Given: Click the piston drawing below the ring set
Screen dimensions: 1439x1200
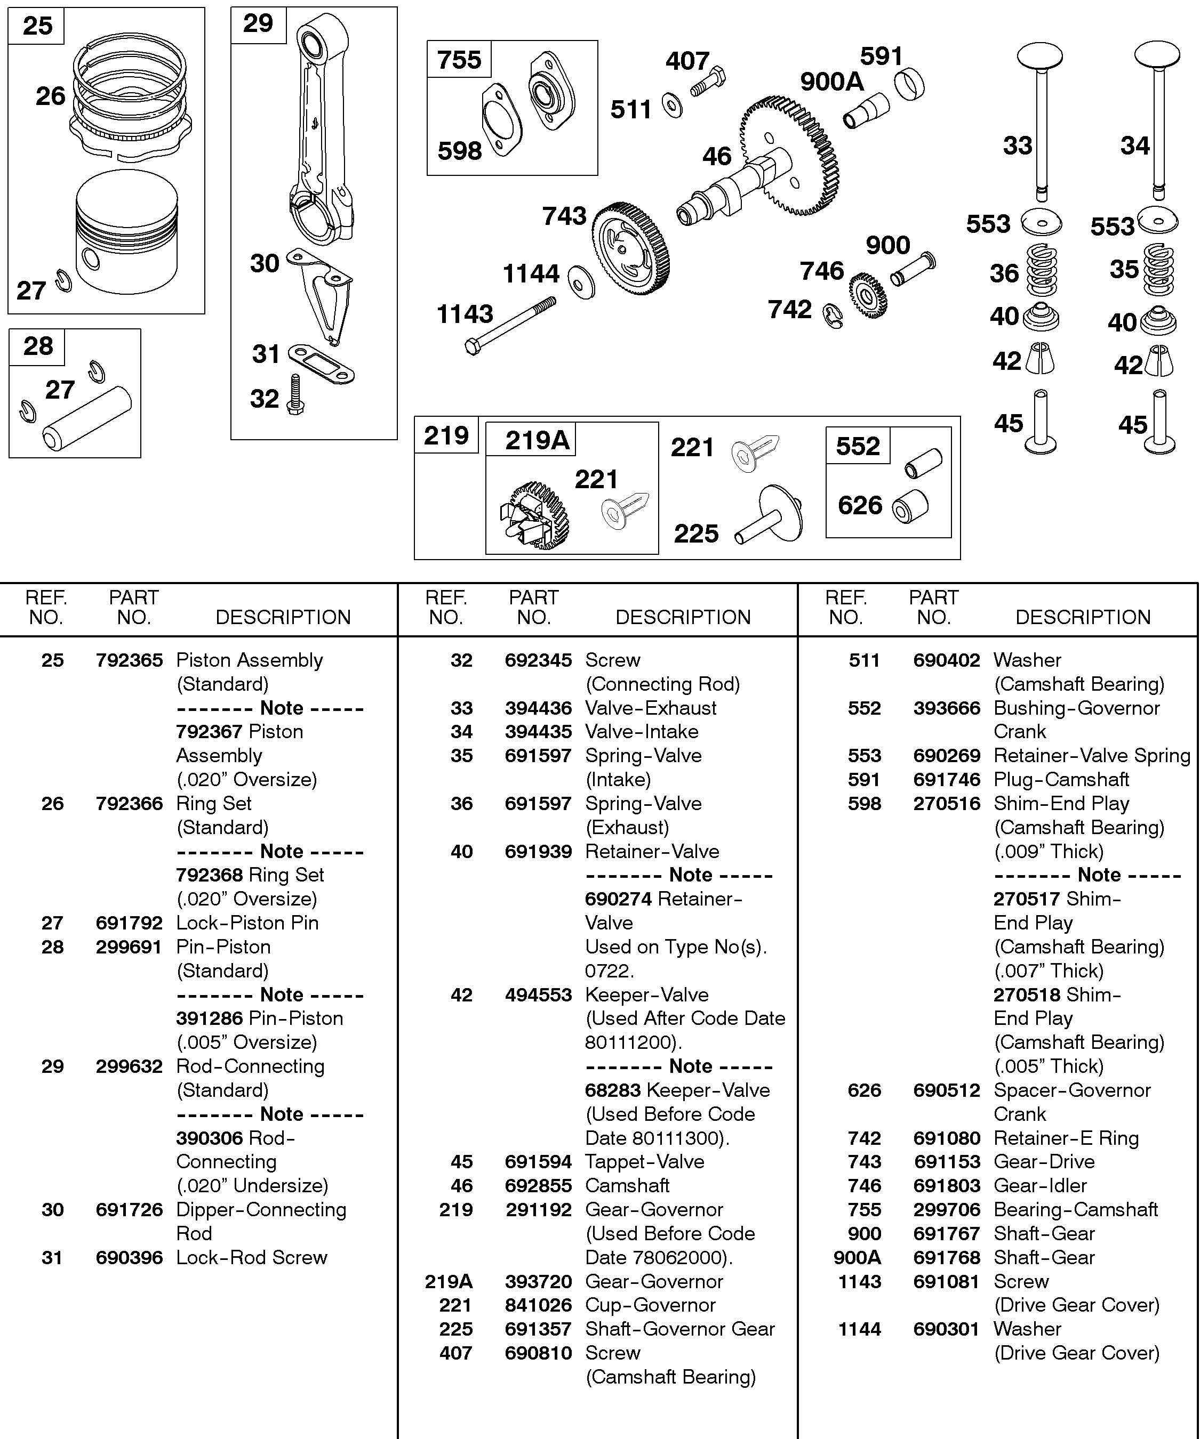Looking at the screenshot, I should [x=127, y=233].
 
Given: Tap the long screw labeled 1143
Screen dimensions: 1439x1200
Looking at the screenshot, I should [x=510, y=326].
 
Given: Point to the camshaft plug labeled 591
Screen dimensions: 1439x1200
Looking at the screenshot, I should [x=909, y=85].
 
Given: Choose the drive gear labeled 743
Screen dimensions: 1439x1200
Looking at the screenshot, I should [x=629, y=248].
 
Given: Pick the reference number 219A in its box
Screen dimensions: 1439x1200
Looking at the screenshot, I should [x=537, y=440].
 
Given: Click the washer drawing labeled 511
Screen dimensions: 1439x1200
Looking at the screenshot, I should [x=672, y=106].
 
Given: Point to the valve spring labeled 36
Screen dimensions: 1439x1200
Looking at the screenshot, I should [x=1041, y=270].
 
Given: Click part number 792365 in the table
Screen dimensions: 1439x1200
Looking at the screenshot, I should [x=129, y=660].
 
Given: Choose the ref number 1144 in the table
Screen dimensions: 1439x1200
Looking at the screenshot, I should [x=859, y=1329].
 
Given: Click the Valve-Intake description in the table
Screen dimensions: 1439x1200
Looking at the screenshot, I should [x=641, y=731].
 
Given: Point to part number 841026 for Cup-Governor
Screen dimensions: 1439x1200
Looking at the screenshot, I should [x=538, y=1305].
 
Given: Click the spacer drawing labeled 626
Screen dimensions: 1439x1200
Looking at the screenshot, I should [x=910, y=507].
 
